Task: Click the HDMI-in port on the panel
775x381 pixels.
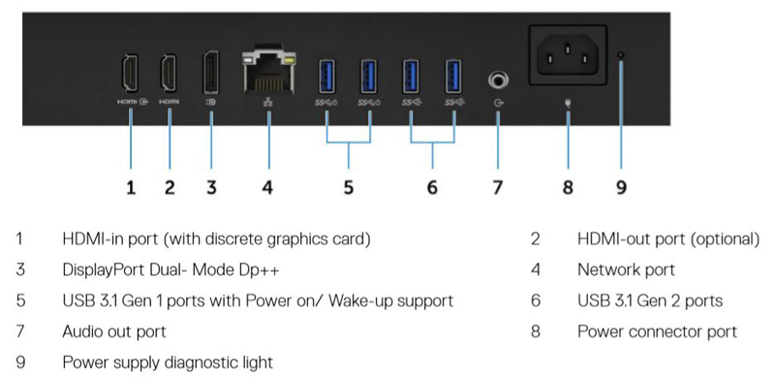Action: [130, 73]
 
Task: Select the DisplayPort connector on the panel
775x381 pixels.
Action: [211, 73]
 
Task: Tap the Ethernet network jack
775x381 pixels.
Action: [269, 73]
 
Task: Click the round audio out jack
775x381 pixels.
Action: [498, 79]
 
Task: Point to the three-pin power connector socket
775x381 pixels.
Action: [568, 54]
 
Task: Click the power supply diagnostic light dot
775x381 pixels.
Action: [621, 54]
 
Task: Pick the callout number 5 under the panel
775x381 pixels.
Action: [349, 187]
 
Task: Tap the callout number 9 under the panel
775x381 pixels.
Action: [621, 187]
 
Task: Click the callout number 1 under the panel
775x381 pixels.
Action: [131, 187]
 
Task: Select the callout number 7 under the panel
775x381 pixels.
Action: [498, 187]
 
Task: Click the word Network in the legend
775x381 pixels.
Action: [603, 270]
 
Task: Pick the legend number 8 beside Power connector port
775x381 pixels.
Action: [536, 332]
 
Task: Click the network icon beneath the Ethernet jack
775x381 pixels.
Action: [269, 103]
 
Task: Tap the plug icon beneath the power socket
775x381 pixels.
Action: [568, 104]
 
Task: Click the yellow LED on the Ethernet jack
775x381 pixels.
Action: [289, 61]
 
